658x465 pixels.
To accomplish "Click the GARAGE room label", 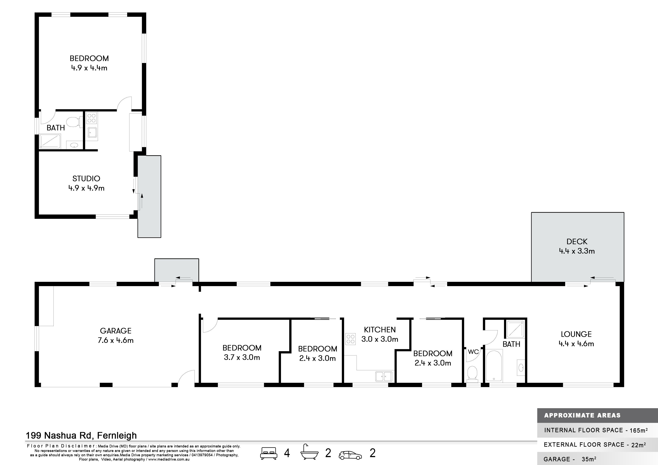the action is point(116,331).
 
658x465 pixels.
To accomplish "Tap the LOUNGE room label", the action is point(576,334).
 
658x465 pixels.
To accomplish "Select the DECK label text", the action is point(577,241).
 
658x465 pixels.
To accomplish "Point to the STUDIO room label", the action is point(86,178).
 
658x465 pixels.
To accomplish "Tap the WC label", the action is point(473,352).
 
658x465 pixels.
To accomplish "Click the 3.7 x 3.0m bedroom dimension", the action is point(242,357).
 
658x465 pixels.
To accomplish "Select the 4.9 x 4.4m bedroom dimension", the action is point(89,68).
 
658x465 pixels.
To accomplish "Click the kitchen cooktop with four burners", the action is point(351,339).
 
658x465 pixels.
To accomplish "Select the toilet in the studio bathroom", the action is point(73,122).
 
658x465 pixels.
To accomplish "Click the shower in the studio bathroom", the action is point(50,141).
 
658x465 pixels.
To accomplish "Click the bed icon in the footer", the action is point(269,453).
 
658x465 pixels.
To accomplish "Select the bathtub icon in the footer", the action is point(309,452).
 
